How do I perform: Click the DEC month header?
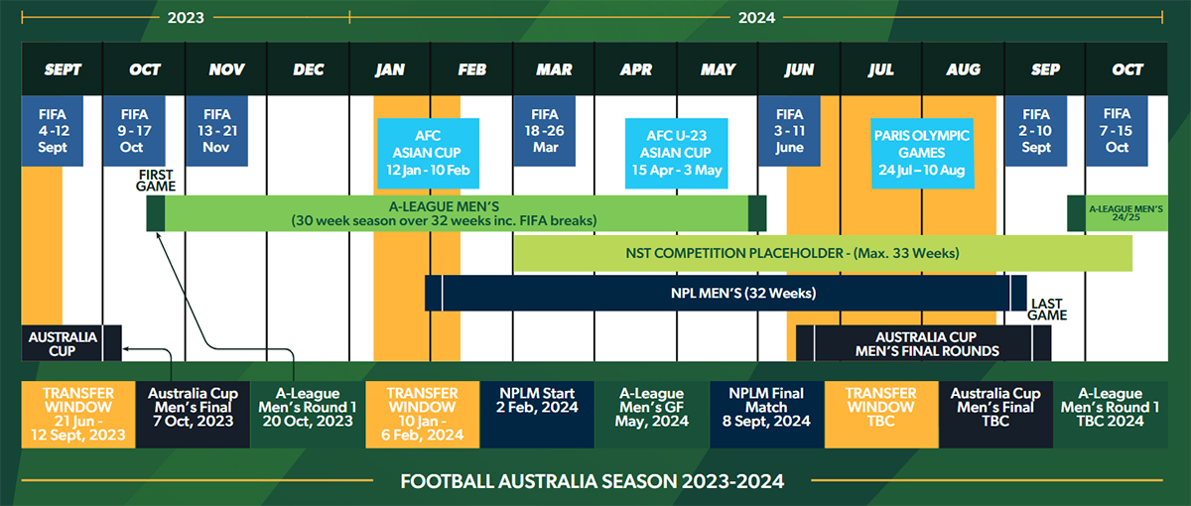[309, 69]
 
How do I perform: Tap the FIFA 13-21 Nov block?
[217, 131]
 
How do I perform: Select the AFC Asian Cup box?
[428, 153]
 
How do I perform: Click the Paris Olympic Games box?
[922, 153]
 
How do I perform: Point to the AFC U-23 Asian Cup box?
[676, 153]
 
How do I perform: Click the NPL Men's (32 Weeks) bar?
[726, 293]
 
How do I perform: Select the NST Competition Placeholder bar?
[823, 253]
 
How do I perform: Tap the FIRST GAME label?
[155, 181]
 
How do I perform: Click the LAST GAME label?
[1047, 310]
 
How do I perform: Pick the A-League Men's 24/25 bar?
[1118, 213]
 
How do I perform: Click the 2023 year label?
[186, 18]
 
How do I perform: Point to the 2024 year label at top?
[756, 18]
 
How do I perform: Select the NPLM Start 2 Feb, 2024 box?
[537, 415]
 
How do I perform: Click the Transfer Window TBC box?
[881, 415]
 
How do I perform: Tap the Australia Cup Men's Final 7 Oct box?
[193, 415]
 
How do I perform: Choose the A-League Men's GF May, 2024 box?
[652, 415]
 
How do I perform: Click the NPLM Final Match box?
[766, 415]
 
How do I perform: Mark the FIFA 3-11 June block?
[790, 131]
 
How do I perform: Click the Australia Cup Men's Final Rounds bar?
[924, 343]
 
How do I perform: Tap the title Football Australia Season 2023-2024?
[592, 481]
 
